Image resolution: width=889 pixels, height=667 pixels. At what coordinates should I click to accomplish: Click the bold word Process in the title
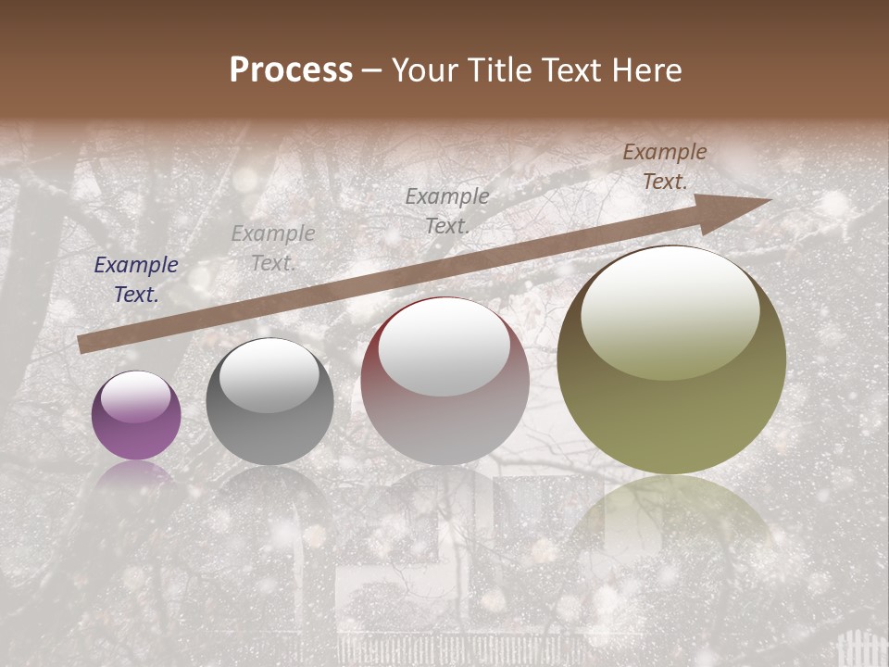pyautogui.click(x=291, y=70)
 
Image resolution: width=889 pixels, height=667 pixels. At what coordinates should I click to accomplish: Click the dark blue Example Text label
pyautogui.click(x=136, y=280)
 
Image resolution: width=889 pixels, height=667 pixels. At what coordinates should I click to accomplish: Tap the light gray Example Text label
pyautogui.click(x=273, y=248)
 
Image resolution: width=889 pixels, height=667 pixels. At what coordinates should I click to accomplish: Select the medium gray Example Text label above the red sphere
pyautogui.click(x=447, y=210)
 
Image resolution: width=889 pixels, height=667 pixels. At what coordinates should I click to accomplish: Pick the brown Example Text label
pyautogui.click(x=665, y=167)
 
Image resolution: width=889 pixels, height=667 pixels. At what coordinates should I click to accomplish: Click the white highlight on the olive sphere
pyautogui.click(x=670, y=310)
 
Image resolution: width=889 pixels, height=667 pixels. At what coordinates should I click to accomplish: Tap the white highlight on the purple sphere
pyautogui.click(x=136, y=396)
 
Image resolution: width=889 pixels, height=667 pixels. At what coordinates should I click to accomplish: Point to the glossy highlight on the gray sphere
pyautogui.click(x=269, y=375)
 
